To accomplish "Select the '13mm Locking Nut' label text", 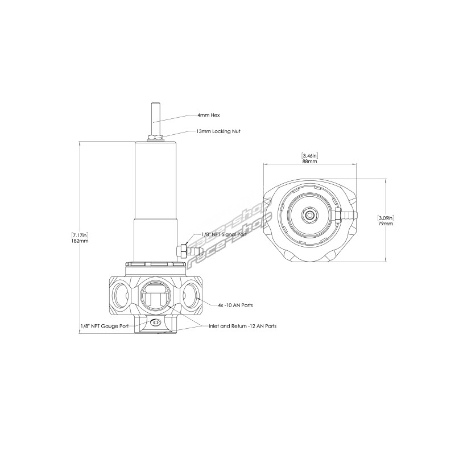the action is [218, 131].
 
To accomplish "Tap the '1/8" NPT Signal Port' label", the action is [224, 234].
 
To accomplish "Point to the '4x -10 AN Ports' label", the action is [235, 305].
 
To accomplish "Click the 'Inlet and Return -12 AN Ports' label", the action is [243, 326].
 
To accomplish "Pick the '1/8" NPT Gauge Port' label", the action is [105, 326].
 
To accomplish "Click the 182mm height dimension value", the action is [80, 241].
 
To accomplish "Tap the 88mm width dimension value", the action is [310, 162].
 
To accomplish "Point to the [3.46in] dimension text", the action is [310, 155].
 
